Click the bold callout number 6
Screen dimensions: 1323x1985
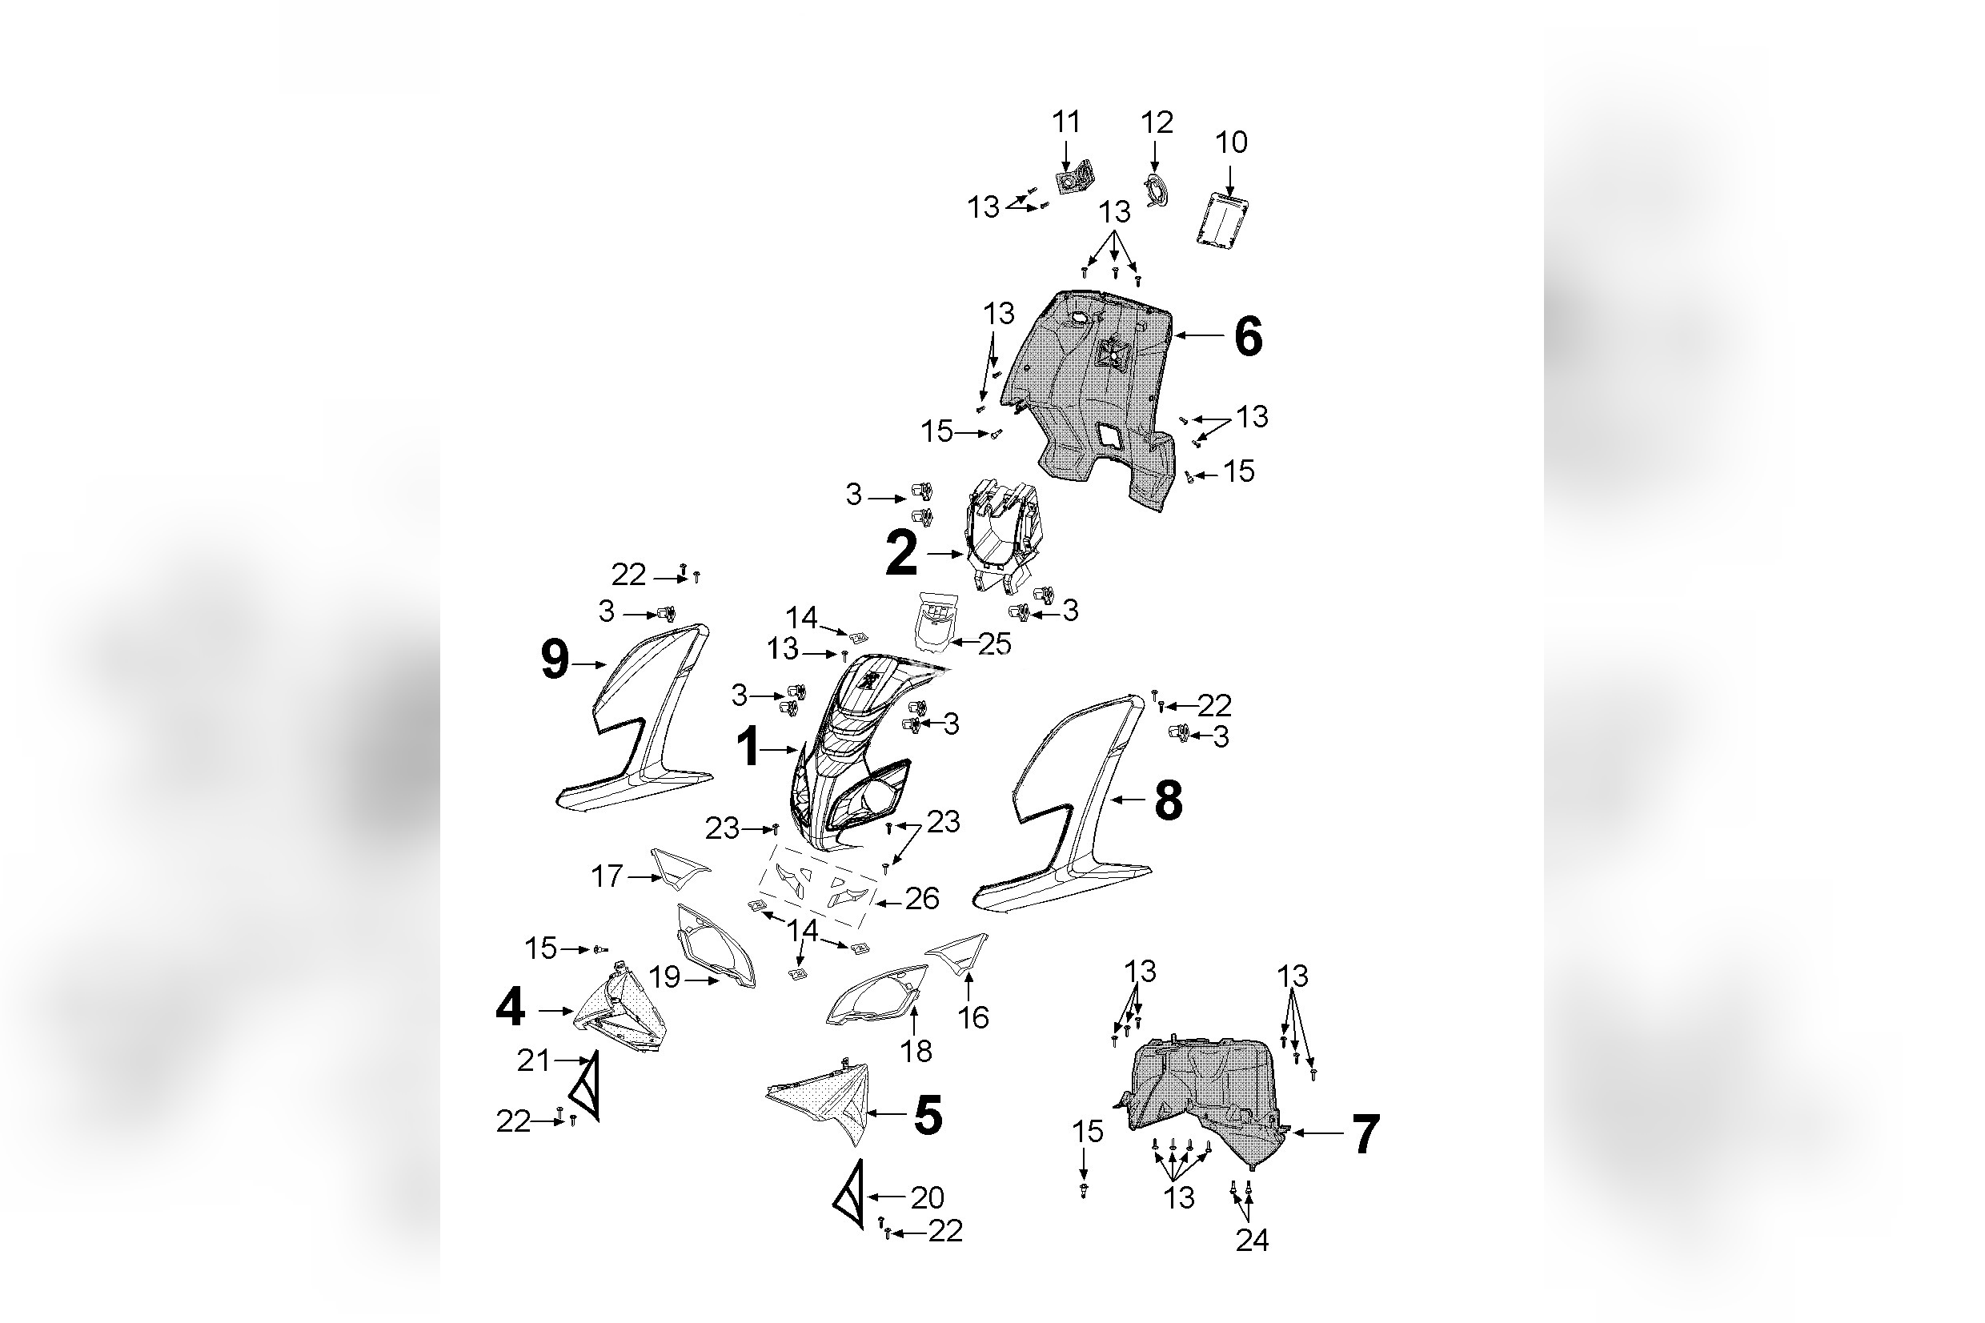(x=1248, y=337)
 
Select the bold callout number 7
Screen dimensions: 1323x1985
(x=1365, y=1135)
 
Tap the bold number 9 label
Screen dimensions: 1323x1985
(x=554, y=659)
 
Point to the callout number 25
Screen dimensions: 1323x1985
(x=995, y=643)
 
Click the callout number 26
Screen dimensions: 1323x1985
(x=922, y=899)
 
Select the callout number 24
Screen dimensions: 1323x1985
(x=1252, y=1241)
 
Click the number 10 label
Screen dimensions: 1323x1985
(x=1231, y=142)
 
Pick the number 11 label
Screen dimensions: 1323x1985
(x=1066, y=122)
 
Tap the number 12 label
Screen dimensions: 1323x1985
(x=1157, y=123)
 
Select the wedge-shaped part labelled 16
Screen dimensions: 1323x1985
(x=960, y=951)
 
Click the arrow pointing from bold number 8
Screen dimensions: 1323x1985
(x=1129, y=798)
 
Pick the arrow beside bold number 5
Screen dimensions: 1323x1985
(x=886, y=1115)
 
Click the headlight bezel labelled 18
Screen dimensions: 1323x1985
(x=877, y=995)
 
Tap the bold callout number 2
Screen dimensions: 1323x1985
(x=901, y=555)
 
